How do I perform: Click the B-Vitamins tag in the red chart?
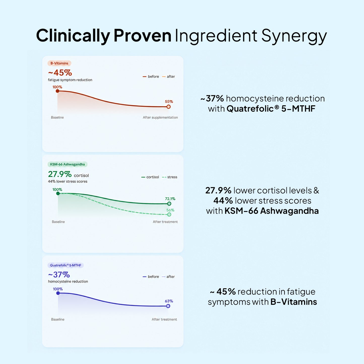pyautogui.click(x=59, y=63)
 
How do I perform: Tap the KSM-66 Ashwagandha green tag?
pyautogui.click(x=68, y=164)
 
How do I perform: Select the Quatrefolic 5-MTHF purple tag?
pyautogui.click(x=65, y=265)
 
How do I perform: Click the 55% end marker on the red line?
pyautogui.click(x=169, y=107)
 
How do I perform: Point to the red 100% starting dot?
pyautogui.click(x=58, y=91)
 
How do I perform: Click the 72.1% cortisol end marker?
pyautogui.click(x=169, y=204)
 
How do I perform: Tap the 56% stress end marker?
pyautogui.click(x=169, y=214)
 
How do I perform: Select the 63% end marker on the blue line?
pyautogui.click(x=168, y=306)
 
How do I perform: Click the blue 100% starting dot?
pyautogui.click(x=58, y=293)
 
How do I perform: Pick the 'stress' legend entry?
pyautogui.click(x=170, y=177)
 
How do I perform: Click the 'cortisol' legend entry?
pyautogui.click(x=150, y=177)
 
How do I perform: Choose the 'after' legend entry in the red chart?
pyautogui.click(x=169, y=77)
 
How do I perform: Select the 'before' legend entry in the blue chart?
pyautogui.click(x=151, y=277)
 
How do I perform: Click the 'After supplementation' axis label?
pyautogui.click(x=160, y=117)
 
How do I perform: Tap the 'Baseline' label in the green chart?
pyautogui.click(x=58, y=222)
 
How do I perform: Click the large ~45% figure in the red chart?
pyautogui.click(x=60, y=73)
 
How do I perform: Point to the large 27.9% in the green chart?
pyautogui.click(x=60, y=174)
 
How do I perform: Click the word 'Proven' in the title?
pyautogui.click(x=142, y=36)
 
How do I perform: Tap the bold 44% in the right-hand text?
pyautogui.click(x=223, y=201)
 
